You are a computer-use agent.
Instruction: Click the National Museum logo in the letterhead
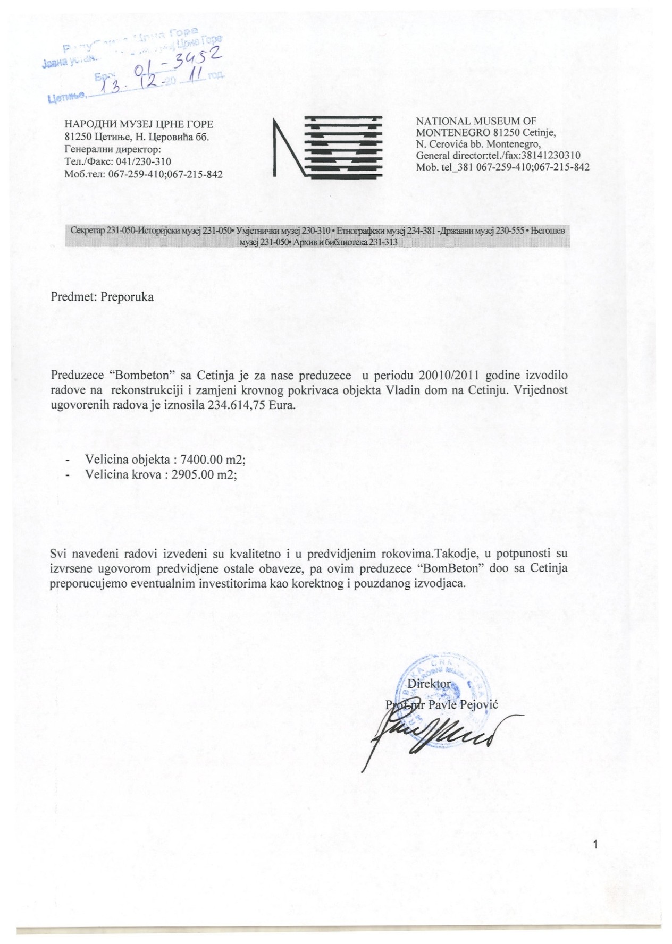pyautogui.click(x=327, y=146)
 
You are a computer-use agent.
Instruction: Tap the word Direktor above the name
pyautogui.click(x=429, y=684)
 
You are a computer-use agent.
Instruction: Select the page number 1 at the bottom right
pyautogui.click(x=595, y=845)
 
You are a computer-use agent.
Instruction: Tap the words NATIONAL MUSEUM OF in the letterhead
pyautogui.click(x=476, y=122)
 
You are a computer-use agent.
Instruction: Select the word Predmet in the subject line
pyautogui.click(x=70, y=297)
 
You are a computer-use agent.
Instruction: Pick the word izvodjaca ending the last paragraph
pyautogui.click(x=440, y=583)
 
